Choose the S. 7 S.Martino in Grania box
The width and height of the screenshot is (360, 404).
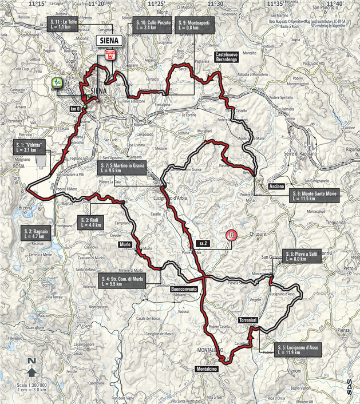click(122, 168)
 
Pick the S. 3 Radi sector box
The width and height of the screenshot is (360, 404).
click(90, 222)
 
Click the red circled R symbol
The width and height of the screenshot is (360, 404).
click(231, 235)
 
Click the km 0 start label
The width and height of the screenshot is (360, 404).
click(74, 108)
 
